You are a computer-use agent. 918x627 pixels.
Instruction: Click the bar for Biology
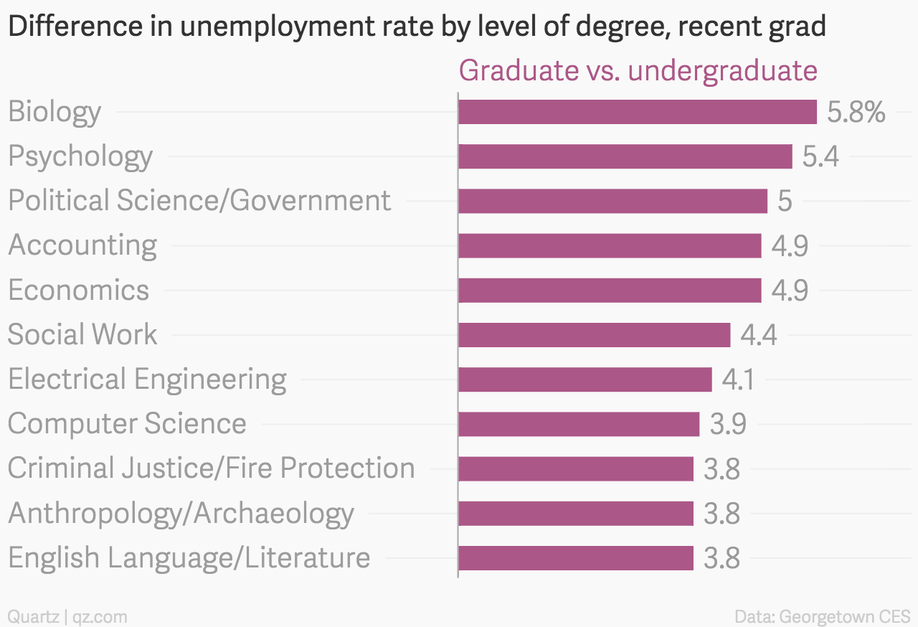click(637, 112)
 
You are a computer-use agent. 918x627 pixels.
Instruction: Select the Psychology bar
click(625, 156)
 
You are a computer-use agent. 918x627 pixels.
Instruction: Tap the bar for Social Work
click(594, 335)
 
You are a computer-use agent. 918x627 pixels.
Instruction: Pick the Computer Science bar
click(578, 424)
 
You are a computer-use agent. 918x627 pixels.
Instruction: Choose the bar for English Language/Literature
click(575, 558)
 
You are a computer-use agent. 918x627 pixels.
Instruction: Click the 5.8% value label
click(856, 113)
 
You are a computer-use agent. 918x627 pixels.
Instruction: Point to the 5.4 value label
click(820, 157)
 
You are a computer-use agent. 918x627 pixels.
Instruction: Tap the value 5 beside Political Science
click(785, 202)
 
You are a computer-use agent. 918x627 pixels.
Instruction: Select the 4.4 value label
click(758, 335)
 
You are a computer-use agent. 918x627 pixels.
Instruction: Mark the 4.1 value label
click(738, 379)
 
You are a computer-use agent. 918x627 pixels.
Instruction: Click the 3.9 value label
click(728, 424)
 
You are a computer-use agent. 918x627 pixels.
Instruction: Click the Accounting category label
click(82, 245)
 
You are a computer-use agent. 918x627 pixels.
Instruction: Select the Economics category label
click(79, 291)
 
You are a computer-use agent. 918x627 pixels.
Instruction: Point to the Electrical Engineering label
click(147, 379)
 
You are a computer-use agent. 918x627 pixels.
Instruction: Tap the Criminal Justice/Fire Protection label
click(211, 468)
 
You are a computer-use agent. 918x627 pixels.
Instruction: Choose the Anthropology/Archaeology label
click(181, 514)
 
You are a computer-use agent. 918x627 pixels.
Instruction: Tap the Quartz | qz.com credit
click(67, 616)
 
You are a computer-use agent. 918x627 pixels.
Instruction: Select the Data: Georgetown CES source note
click(823, 616)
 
